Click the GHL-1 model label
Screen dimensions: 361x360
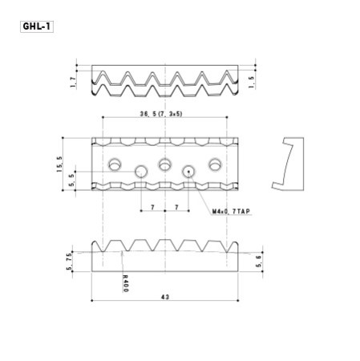pyautogui.click(x=36, y=26)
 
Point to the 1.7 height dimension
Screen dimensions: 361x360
pyautogui.click(x=72, y=81)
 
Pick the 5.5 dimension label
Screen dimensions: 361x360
pyautogui.click(x=72, y=180)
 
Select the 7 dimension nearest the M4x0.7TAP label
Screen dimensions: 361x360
pyautogui.click(x=176, y=207)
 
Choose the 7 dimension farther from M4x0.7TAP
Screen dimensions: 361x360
pyautogui.click(x=152, y=207)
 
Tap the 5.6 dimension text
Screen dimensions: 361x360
pyautogui.click(x=256, y=262)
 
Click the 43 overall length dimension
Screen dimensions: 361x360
pyautogui.click(x=164, y=297)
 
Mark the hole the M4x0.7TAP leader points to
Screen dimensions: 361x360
pyautogui.click(x=190, y=171)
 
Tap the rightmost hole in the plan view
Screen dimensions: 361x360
pyautogui.click(x=215, y=164)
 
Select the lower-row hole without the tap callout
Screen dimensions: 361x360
pyautogui.click(x=141, y=171)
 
